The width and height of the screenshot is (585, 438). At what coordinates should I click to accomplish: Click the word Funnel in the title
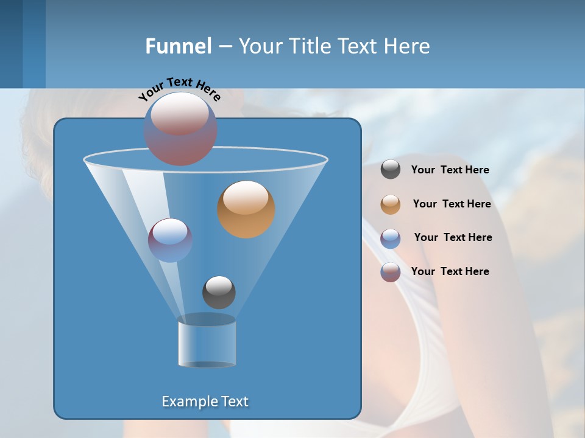178,46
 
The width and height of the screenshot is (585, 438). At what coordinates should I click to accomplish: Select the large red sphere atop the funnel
180,128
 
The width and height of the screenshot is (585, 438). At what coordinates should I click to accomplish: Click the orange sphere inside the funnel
246,209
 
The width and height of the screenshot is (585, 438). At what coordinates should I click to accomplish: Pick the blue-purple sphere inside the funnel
170,240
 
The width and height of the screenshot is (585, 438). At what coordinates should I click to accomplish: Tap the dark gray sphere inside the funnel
219,292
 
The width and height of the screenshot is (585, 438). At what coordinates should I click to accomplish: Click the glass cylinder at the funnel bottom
207,341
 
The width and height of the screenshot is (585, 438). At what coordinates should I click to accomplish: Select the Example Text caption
205,401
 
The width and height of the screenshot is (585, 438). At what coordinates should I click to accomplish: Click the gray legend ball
391,169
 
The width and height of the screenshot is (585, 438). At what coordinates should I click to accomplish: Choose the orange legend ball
391,204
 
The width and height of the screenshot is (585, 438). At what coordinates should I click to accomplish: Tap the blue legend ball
391,238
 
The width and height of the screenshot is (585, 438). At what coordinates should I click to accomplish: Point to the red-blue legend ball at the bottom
391,272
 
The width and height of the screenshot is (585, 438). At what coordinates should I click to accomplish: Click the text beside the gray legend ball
450,170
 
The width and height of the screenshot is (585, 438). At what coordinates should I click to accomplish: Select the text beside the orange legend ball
452,204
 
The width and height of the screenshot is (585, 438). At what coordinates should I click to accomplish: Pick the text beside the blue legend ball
453,237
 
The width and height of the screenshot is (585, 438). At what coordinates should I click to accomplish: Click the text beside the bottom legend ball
450,271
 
